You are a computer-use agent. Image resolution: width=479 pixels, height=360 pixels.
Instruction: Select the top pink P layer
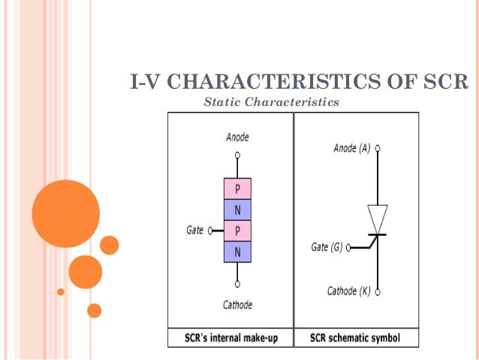tap(237, 188)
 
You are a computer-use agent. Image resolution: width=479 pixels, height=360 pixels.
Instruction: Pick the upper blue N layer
tap(237, 209)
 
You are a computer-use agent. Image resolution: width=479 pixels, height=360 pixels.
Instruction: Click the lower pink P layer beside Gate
tap(237, 230)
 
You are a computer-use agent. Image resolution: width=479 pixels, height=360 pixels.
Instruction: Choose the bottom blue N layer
tap(237, 251)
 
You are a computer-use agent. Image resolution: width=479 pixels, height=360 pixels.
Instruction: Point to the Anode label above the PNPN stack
tap(237, 138)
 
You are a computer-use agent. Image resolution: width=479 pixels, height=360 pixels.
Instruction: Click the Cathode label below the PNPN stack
tap(237, 305)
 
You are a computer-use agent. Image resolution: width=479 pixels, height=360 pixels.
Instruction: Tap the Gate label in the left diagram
tap(194, 230)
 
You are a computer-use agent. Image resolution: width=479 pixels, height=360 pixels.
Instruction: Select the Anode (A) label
tap(351, 149)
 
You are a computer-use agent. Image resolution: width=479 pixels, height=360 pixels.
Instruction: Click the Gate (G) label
tap(327, 247)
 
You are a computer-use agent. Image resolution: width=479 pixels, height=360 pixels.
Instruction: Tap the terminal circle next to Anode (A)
tap(378, 149)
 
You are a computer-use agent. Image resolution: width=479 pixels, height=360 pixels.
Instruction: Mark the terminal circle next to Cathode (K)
tap(378, 292)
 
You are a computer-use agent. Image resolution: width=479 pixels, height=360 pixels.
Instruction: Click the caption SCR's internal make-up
tap(231, 338)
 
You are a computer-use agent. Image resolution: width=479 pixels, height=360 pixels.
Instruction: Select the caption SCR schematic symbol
tap(355, 338)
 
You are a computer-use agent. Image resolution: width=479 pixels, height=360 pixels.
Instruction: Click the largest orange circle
tap(66, 213)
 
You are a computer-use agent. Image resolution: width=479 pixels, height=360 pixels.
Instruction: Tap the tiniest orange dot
tap(61, 292)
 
